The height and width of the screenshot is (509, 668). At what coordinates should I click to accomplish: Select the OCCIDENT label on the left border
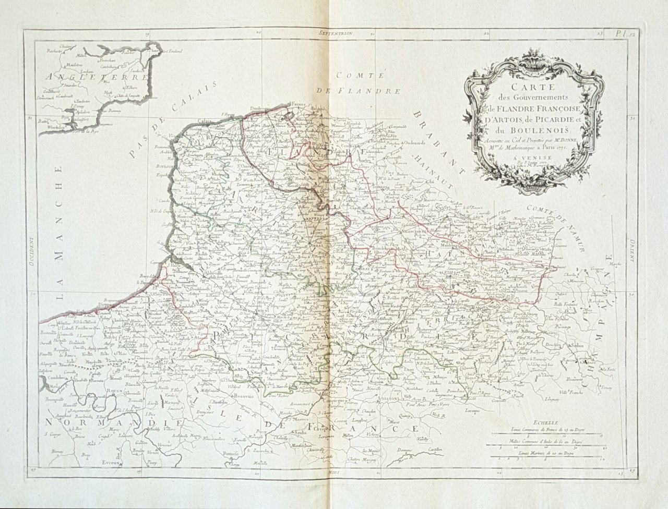[x=30, y=249]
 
